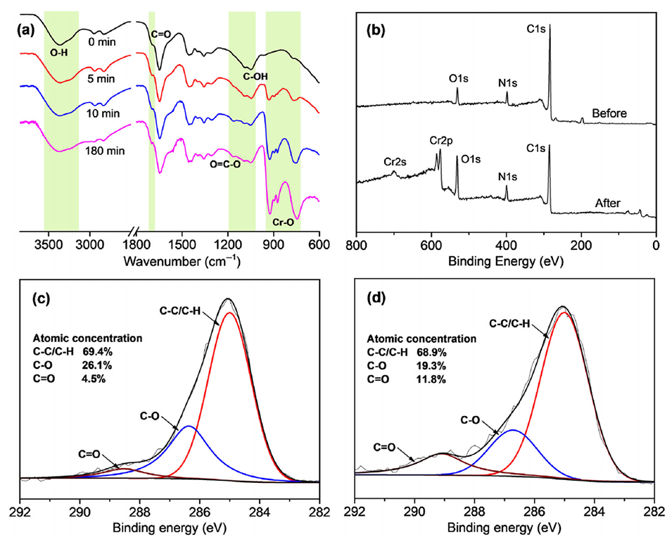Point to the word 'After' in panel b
point(607,203)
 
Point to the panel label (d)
point(373,298)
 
